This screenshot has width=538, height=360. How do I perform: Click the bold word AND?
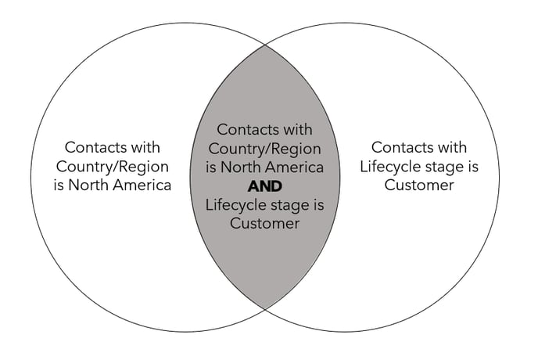pyautogui.click(x=264, y=187)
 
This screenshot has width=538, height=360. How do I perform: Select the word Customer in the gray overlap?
pyautogui.click(x=264, y=224)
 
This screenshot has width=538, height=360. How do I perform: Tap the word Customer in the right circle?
pyautogui.click(x=418, y=185)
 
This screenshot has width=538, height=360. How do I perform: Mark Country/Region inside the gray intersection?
pyautogui.click(x=265, y=149)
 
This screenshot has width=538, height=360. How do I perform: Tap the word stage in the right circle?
pyautogui.click(x=444, y=167)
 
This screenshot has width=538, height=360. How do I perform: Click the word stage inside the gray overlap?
pyautogui.click(x=289, y=206)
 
